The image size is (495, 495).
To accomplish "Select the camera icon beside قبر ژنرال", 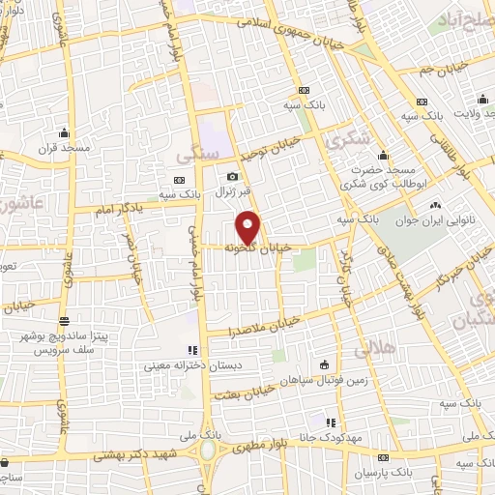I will click(232, 177).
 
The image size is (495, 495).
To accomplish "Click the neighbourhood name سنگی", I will click(202, 152).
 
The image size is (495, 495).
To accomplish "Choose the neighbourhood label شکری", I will click(348, 139).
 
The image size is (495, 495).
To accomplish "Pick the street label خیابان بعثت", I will click(260, 391).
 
